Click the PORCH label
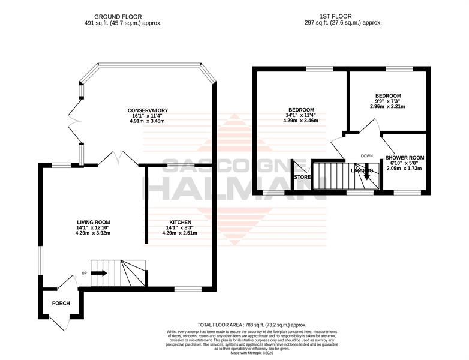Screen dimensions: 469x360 click(x=61, y=303)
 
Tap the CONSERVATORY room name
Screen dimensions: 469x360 click(x=148, y=110)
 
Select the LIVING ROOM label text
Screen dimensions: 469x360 click(x=94, y=223)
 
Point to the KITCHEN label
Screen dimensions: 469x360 click(x=181, y=223)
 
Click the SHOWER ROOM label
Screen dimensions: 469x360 click(x=405, y=158)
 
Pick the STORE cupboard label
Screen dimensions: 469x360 click(x=302, y=177)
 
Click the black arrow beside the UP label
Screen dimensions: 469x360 click(x=99, y=273)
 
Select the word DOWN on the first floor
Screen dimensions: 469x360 click(x=366, y=156)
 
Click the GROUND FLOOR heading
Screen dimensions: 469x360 click(x=118, y=17)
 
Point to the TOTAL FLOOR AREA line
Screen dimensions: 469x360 click(x=252, y=325)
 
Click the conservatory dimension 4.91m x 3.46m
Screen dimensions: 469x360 click(x=147, y=121)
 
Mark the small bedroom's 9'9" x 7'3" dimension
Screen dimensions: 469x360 click(x=388, y=101)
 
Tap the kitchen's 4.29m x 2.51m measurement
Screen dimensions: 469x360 click(x=179, y=233)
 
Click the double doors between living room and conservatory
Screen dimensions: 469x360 click(x=118, y=158)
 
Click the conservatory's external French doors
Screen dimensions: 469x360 click(x=75, y=121)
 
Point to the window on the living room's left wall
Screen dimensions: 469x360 click(x=41, y=260)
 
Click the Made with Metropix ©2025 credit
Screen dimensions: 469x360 click(x=252, y=353)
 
